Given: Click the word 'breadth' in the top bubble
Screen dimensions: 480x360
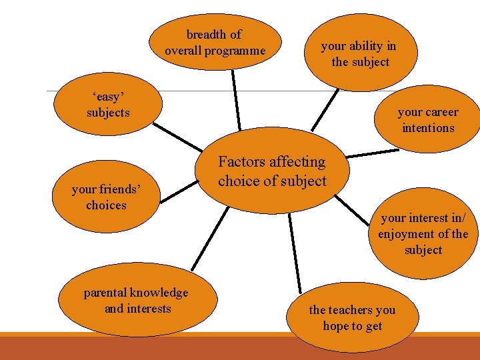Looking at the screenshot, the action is click(x=206, y=34).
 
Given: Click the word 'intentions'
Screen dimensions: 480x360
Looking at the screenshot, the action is click(x=428, y=128).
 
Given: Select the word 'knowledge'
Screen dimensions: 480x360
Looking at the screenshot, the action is click(x=159, y=293).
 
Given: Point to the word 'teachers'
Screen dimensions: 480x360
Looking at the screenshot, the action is click(x=353, y=310).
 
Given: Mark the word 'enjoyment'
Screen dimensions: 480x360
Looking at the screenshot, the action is click(x=406, y=234).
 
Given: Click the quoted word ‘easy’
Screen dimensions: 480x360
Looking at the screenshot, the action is click(x=108, y=97).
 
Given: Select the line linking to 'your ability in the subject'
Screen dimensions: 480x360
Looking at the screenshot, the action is click(x=326, y=110).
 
